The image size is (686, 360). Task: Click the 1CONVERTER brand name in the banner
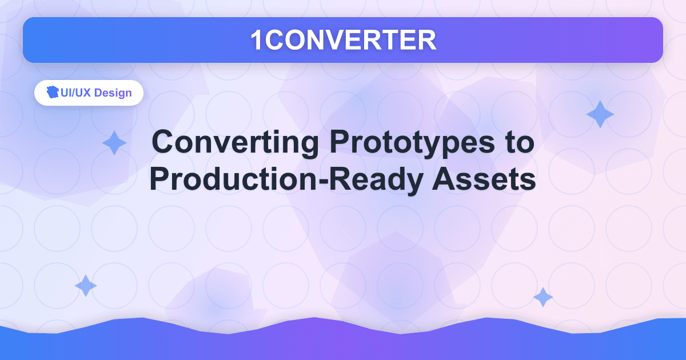click(x=343, y=40)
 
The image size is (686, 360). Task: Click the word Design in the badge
click(x=113, y=93)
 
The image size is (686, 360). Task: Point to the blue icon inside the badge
click(x=53, y=93)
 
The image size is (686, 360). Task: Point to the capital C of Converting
click(x=163, y=142)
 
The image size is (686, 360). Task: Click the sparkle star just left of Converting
click(x=114, y=143)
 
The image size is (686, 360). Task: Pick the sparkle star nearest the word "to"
click(x=600, y=114)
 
